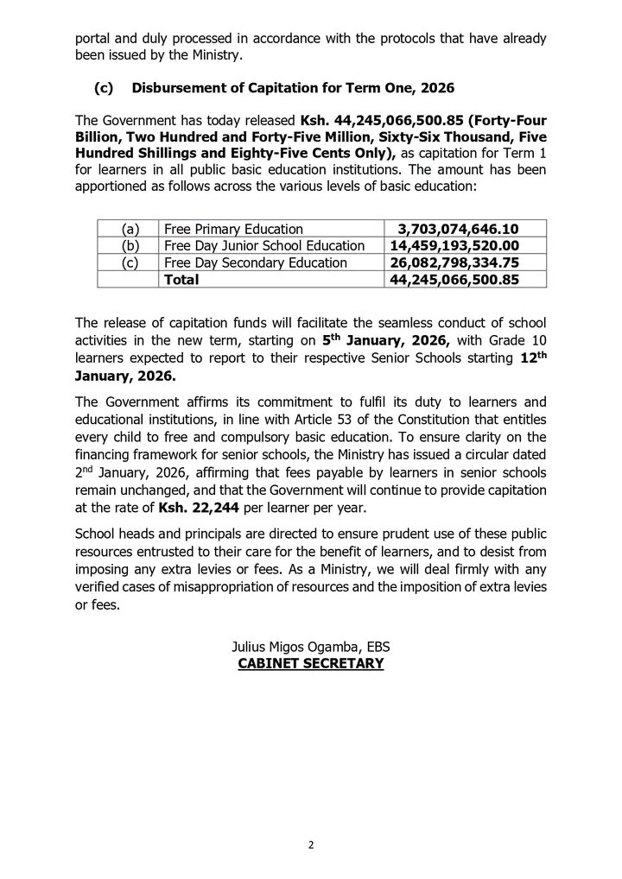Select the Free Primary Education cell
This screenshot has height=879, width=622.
coord(233,229)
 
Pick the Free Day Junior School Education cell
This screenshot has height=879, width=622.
coord(269,245)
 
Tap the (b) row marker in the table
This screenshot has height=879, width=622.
coord(130,245)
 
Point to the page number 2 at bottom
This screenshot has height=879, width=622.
coord(310,844)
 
